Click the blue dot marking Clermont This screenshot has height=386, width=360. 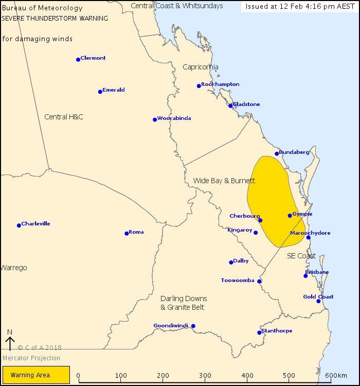pos(78,60)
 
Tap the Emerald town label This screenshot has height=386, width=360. pos(114,90)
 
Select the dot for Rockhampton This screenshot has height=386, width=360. pos(199,86)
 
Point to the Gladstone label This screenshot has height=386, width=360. pos(246,104)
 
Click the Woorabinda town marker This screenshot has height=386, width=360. pos(155,120)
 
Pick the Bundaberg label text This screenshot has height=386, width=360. pos(294,152)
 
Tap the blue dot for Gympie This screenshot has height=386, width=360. pos(290,216)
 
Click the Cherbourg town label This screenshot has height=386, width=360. pos(244,216)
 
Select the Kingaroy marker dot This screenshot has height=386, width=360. pos(256,233)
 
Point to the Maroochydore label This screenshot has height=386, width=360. pos(310,233)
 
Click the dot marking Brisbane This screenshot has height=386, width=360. pos(305,276)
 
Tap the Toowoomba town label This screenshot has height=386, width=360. pos(238,280)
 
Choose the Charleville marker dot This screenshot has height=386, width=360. pos(19,225)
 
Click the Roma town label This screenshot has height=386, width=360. pos(136,232)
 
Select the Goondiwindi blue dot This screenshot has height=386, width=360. pos(193,326)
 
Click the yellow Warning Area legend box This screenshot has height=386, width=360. pos(36,375)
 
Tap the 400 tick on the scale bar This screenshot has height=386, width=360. pos(248,376)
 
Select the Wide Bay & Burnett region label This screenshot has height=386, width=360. pos(224,181)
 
